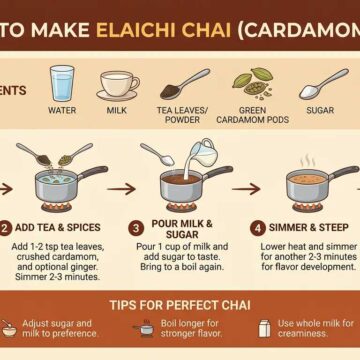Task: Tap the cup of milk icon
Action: coord(117,85)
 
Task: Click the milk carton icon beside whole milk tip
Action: coord(265,329)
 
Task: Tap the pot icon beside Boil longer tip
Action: coord(146,329)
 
